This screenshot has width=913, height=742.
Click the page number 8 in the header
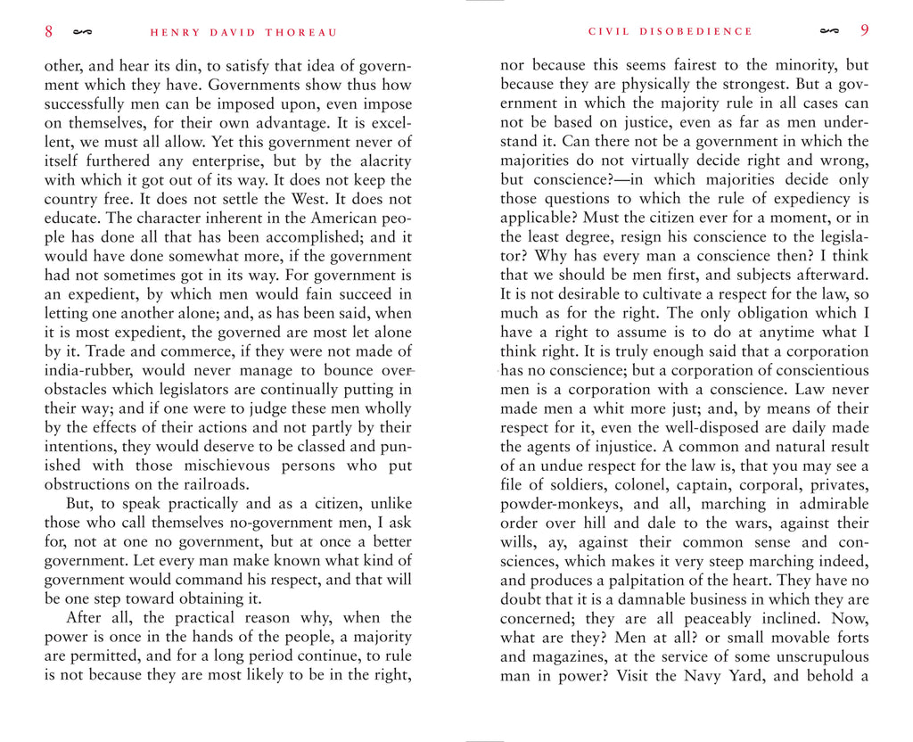click(x=49, y=32)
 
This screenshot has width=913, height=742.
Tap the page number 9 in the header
click(x=864, y=30)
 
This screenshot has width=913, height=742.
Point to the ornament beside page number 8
click(x=82, y=33)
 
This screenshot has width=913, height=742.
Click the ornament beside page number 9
click(x=829, y=31)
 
